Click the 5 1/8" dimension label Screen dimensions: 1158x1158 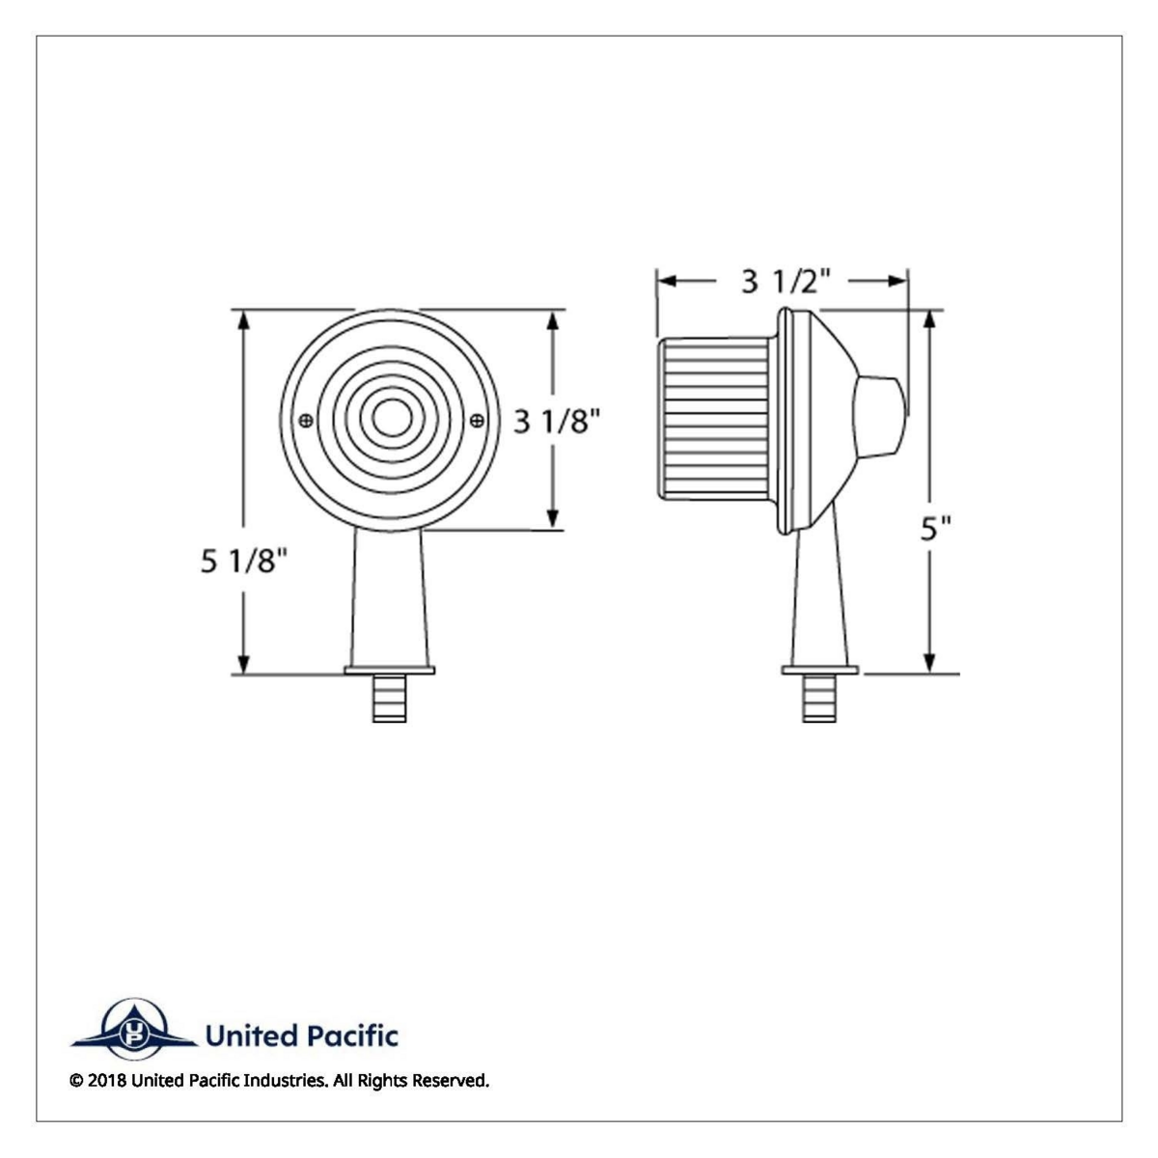click(244, 562)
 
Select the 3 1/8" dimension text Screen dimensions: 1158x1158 click(557, 421)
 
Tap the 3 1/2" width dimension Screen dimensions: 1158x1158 click(786, 281)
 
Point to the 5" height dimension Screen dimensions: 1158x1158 click(936, 528)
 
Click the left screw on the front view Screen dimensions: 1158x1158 click(305, 420)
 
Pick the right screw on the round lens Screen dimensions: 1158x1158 click(477, 420)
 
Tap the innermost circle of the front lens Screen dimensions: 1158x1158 click(392, 417)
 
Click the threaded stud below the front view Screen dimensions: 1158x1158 click(390, 698)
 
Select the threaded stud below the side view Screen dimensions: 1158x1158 click(819, 698)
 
